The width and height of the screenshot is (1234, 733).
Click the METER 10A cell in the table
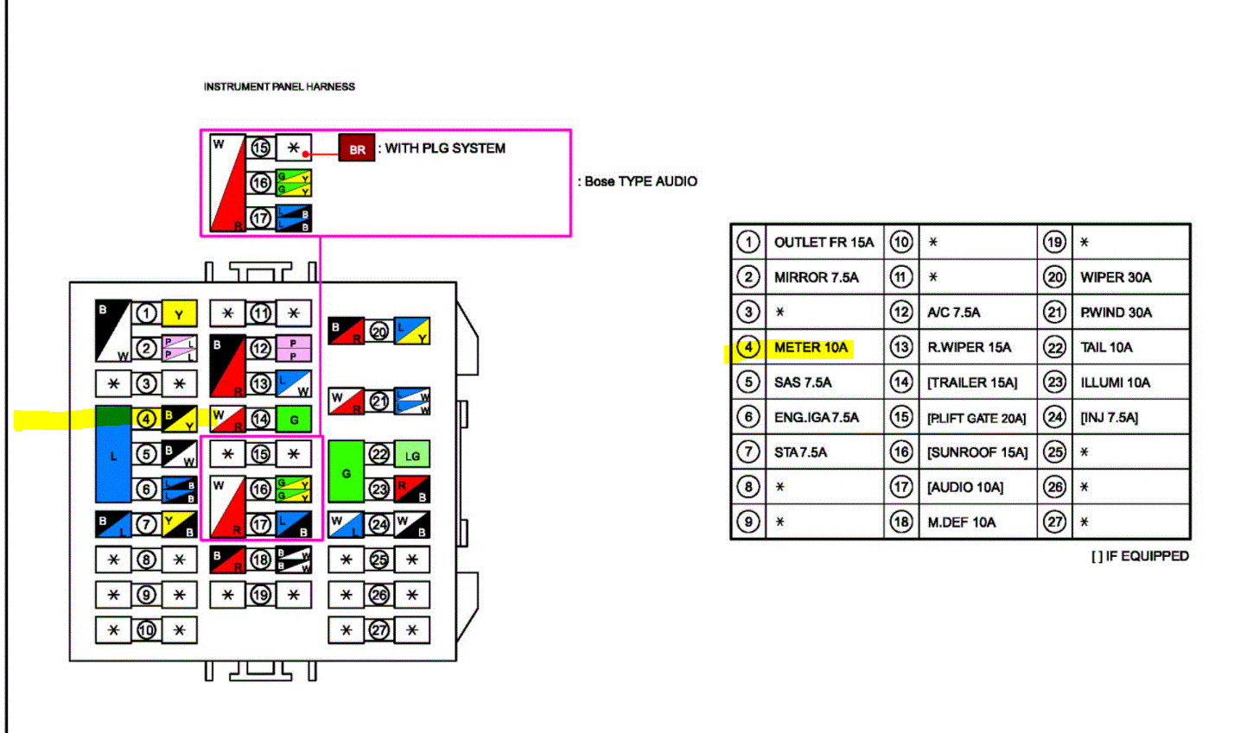pos(811,348)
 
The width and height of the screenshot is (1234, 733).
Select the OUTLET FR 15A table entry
pos(824,243)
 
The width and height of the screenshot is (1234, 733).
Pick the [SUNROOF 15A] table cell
pos(977,452)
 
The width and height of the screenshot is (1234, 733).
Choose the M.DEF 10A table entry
pos(961,522)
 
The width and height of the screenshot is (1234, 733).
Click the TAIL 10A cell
pos(1106,348)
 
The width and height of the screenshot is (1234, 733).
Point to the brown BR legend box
pos(357,149)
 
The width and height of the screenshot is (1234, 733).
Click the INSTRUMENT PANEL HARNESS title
pos(279,86)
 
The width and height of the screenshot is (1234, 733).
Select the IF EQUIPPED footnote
pos(1140,557)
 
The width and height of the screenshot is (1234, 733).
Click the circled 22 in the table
pos(1054,348)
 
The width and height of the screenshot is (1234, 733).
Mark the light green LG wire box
pos(412,455)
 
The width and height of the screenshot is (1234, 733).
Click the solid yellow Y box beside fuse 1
pos(180,314)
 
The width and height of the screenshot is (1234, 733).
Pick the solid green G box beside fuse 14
pos(294,420)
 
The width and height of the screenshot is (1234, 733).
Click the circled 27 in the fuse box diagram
pos(379,630)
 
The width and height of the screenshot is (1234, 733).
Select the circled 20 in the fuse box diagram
pos(378,332)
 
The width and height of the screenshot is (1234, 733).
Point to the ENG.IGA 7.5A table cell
pos(816,418)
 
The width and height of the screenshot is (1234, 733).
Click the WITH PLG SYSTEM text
pos(445,148)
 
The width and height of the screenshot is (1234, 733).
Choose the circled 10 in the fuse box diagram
pos(146,630)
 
